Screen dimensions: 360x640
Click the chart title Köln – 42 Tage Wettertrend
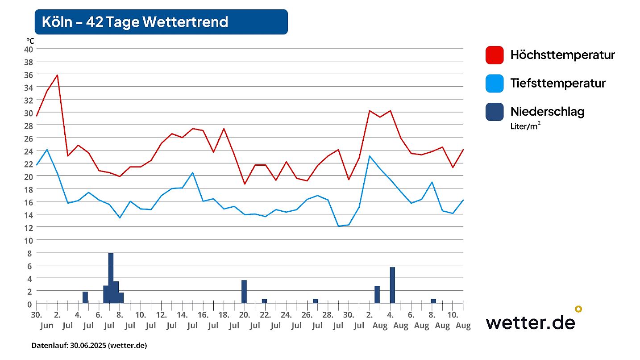[x=135, y=22]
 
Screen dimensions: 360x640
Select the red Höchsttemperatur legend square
[x=495, y=55]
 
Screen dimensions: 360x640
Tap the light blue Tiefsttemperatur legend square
[x=495, y=83]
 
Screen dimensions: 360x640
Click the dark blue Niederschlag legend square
[x=495, y=111]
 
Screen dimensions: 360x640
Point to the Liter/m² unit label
[x=525, y=126]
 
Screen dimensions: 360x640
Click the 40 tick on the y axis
[x=28, y=49]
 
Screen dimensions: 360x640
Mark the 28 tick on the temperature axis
[x=28, y=126]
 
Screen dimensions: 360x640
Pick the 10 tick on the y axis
[x=28, y=240]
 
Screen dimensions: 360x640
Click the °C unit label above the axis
[x=30, y=41]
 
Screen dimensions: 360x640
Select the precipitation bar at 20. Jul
[x=244, y=291]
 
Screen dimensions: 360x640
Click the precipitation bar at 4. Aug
[x=392, y=285]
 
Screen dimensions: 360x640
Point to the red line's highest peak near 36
[x=57, y=75]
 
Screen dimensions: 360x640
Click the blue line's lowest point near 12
[x=339, y=226]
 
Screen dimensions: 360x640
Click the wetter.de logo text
[x=530, y=322]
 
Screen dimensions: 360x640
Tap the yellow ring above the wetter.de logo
[x=578, y=309]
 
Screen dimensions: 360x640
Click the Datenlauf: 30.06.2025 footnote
[x=89, y=345]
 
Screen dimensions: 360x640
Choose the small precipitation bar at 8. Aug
[x=433, y=301]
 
